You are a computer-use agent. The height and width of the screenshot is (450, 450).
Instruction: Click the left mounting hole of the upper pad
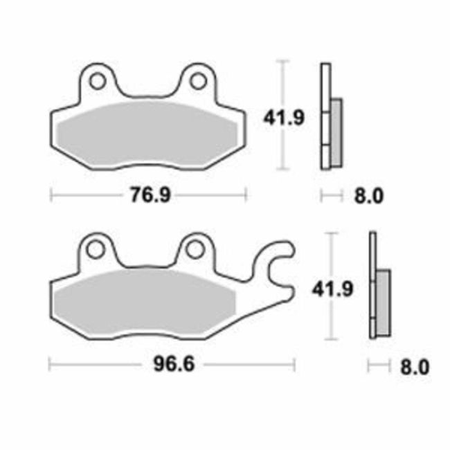coord(98,81)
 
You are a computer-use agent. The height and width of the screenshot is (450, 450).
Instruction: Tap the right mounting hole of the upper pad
coord(198,81)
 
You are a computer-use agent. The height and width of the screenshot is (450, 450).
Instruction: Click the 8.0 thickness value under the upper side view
coord(368,196)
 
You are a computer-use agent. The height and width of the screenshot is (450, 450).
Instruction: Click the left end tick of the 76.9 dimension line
coord(52,195)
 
